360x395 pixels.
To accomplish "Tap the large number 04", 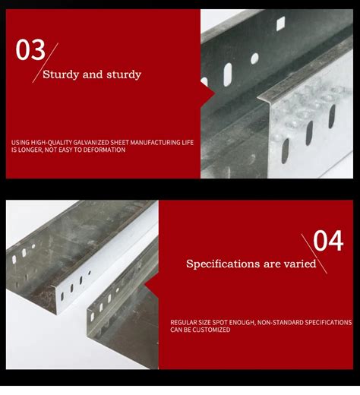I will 329,241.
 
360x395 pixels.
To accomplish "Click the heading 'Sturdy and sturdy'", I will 91,74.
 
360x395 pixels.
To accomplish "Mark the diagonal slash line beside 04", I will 314,253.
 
